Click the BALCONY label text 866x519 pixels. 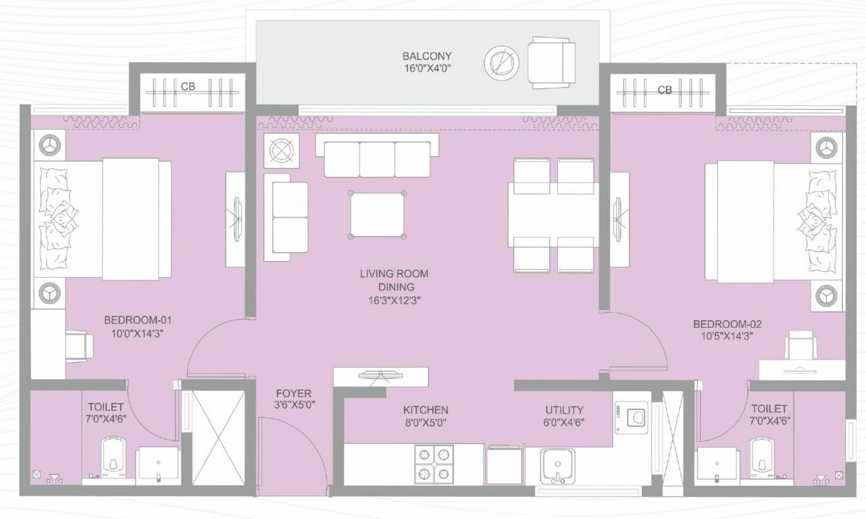pos(427,56)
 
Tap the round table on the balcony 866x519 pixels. pos(501,64)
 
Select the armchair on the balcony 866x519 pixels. pos(551,62)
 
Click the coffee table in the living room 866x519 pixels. pos(378,214)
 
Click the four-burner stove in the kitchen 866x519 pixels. pos(434,464)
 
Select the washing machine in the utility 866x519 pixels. pos(631,417)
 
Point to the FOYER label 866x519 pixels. pos(293,393)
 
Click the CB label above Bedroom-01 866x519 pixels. pos(187,86)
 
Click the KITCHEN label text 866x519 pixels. pos(426,410)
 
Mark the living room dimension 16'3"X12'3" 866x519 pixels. pos(394,299)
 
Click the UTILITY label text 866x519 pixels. pos(564,410)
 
